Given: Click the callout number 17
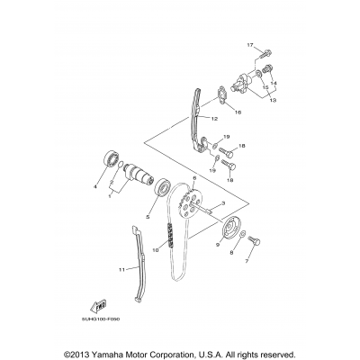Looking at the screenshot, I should point(251,44).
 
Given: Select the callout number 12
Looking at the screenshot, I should point(215,118).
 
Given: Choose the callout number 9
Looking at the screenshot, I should point(217,243).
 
